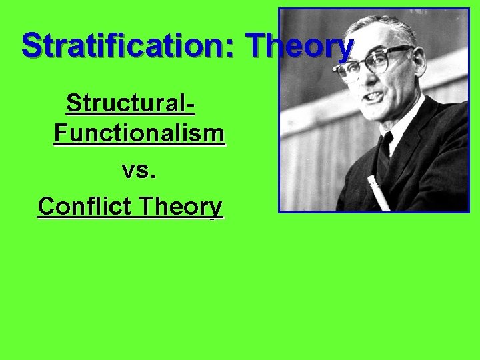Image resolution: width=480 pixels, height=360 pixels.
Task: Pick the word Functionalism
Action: pyautogui.click(x=139, y=133)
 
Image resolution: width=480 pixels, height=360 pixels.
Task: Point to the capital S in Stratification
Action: pyautogui.click(x=32, y=45)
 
